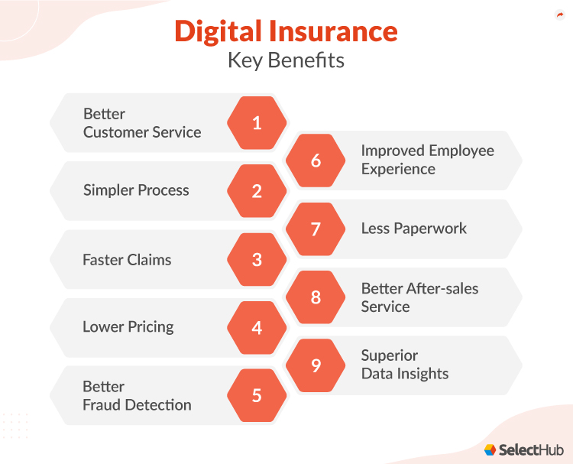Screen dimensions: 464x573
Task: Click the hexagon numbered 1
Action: coord(257,122)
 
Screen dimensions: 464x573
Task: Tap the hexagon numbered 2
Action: coord(257,191)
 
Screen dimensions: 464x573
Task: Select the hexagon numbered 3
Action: coord(257,259)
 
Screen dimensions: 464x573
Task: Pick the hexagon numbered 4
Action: coord(257,327)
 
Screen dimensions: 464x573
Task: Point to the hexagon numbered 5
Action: coord(257,395)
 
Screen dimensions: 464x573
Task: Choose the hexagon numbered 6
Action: coord(316,161)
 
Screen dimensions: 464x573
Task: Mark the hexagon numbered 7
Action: coord(316,229)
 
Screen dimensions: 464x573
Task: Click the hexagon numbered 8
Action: coord(316,297)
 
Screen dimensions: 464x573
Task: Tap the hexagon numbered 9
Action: coord(316,365)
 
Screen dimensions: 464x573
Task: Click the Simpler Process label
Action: coord(136,190)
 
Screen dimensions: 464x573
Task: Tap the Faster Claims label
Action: coord(127,259)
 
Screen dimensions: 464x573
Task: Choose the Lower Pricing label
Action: coord(128,327)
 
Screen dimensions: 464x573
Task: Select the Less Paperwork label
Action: coord(413,228)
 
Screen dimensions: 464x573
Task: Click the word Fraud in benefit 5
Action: coord(103,404)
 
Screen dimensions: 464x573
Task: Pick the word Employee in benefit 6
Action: coord(461,151)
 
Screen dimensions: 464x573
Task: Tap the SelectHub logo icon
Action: coord(490,449)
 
